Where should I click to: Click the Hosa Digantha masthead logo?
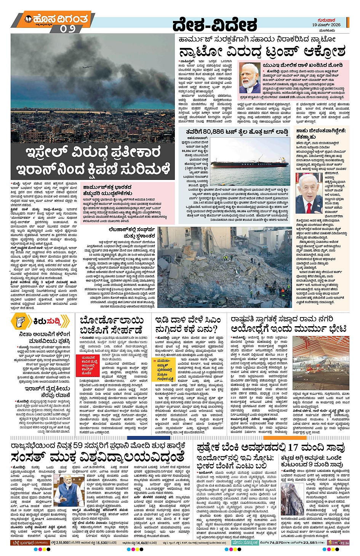click(x=55, y=19)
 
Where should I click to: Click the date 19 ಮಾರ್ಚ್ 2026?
click(x=326, y=25)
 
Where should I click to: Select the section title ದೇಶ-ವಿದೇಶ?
click(x=214, y=25)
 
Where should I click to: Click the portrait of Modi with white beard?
click(x=250, y=79)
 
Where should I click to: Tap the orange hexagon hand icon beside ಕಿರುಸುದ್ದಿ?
click(x=21, y=322)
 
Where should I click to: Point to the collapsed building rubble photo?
click(x=224, y=267)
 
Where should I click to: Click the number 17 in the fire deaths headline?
click(x=293, y=447)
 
